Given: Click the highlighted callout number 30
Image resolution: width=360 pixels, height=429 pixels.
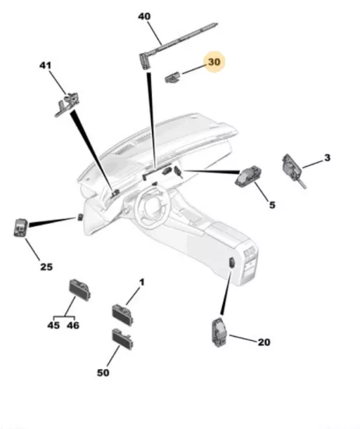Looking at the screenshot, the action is (x=214, y=62).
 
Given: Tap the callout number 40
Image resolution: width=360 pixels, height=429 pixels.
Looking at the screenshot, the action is (x=144, y=16).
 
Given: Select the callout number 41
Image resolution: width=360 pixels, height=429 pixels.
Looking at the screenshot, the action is (x=45, y=66).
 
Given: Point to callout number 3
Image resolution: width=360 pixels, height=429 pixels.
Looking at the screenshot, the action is (x=327, y=158).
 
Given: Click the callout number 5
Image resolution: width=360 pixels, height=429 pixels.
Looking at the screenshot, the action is (x=272, y=205).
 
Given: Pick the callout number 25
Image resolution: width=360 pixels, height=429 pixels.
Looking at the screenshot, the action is (x=47, y=267).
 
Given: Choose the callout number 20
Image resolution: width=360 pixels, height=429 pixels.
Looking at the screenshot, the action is (x=264, y=342).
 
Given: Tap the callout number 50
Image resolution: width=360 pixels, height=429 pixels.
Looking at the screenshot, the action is (x=103, y=373).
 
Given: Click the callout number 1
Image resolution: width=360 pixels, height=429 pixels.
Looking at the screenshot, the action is (x=142, y=282).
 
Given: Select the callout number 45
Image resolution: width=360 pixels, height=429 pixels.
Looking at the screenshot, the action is (x=54, y=325).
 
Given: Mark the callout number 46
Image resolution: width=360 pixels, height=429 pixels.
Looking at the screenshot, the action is (x=73, y=325).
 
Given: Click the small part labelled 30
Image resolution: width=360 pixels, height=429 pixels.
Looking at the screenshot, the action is (x=173, y=77).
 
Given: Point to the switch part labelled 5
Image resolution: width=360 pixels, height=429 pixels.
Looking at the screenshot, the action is (x=249, y=176).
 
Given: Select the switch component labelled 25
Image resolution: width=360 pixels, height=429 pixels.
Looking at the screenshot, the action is (x=21, y=228).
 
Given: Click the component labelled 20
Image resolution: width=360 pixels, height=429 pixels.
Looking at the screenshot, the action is (x=219, y=332).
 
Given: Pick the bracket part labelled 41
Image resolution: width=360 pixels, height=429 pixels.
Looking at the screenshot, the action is (x=67, y=105).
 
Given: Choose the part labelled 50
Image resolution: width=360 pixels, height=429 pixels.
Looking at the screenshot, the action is (x=122, y=339).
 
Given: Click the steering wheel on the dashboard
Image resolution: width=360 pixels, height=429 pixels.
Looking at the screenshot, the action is (x=151, y=204).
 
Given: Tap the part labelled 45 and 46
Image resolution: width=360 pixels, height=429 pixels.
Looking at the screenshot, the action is (x=79, y=289).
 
